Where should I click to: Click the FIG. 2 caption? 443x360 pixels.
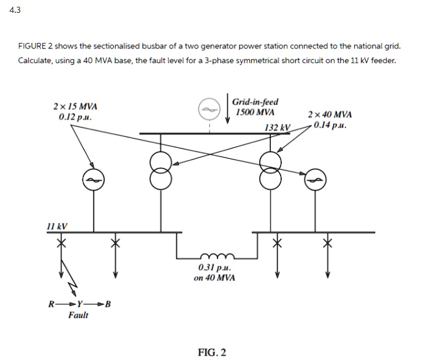[212, 351]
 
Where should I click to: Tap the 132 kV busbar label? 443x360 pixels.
[277, 127]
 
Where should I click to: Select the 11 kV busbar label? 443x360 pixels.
[57, 226]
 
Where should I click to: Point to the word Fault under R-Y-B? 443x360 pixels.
[78, 315]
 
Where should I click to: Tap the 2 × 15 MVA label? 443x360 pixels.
[75, 106]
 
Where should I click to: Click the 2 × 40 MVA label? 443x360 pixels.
[331, 115]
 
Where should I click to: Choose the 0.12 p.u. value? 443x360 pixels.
[75, 117]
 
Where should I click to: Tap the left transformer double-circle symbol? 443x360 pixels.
[161, 171]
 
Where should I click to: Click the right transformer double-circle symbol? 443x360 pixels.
[270, 171]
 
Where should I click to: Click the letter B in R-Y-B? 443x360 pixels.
[108, 304]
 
